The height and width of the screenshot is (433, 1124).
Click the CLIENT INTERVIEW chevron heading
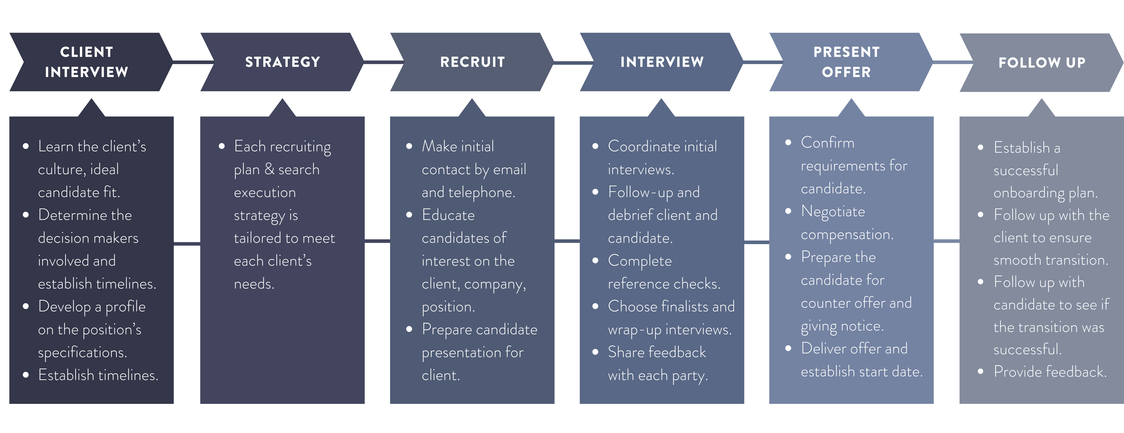(x=87, y=62)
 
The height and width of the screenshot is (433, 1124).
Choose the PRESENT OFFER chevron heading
(x=847, y=62)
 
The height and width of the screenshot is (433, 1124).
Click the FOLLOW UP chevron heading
(x=1042, y=63)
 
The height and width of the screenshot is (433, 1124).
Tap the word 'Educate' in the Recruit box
(x=448, y=215)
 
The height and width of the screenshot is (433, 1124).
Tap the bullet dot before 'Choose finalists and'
(x=595, y=306)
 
